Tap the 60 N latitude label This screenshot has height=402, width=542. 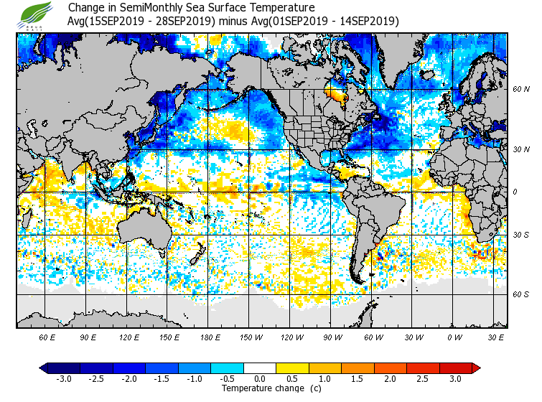click(x=521, y=90)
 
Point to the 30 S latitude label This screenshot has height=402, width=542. click(x=521, y=235)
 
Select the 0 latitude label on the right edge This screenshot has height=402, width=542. click(x=516, y=192)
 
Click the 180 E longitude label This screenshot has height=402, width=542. click(x=210, y=337)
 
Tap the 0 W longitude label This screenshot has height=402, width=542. click(x=454, y=337)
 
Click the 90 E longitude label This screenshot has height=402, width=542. click(x=88, y=337)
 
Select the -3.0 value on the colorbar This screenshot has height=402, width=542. click(x=64, y=378)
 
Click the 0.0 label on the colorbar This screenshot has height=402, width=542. click(x=260, y=378)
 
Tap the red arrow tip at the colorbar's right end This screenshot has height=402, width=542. click(x=476, y=368)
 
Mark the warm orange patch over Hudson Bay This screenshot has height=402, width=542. click(x=333, y=94)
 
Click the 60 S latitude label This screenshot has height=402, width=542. click(x=521, y=294)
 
